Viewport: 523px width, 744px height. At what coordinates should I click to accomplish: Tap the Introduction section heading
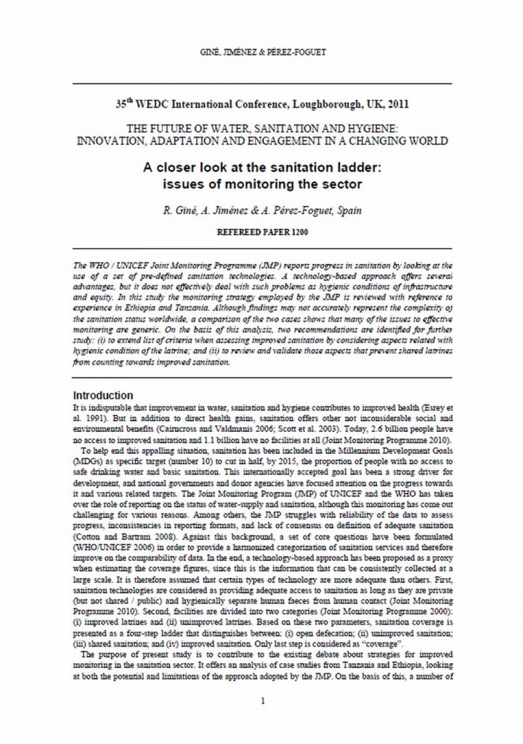(x=104, y=395)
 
